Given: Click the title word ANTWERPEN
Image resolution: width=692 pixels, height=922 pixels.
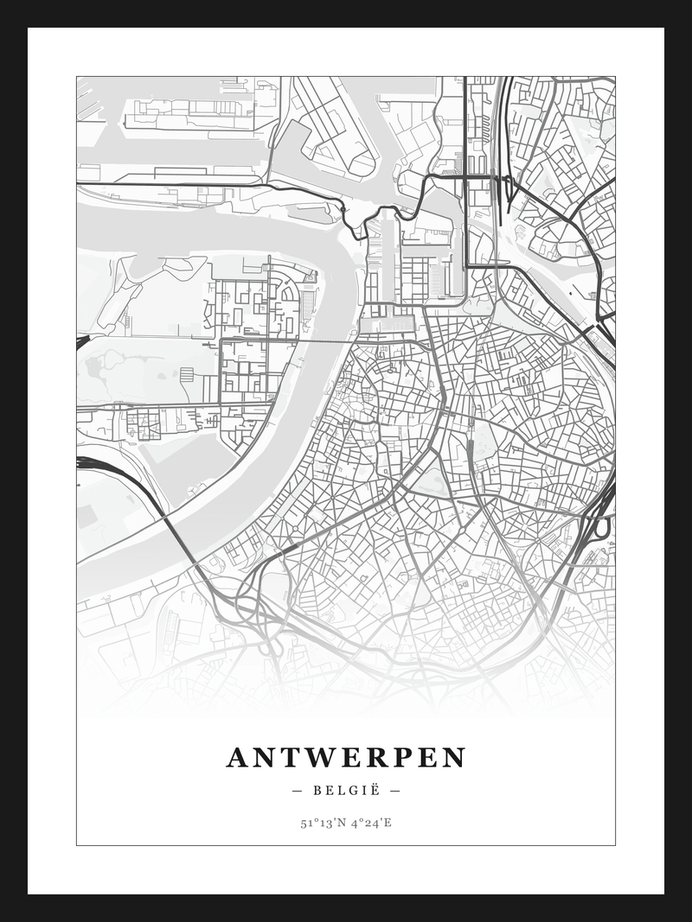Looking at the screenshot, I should [x=346, y=758].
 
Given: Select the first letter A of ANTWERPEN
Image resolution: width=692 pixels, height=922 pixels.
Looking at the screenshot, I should [x=237, y=758].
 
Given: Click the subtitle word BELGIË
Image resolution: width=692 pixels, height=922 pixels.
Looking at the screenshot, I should [x=346, y=790].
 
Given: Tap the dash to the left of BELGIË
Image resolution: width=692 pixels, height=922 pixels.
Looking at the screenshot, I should [x=298, y=790].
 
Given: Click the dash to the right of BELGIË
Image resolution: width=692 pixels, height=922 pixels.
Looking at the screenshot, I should [x=394, y=790].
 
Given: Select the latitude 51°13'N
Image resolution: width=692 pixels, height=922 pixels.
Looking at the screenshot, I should [x=322, y=823].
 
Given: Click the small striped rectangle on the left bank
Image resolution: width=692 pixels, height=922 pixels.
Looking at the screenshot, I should [x=187, y=374].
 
